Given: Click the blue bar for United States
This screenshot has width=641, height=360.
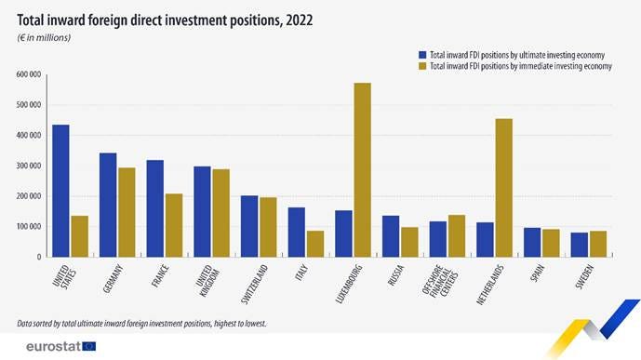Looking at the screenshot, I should click(60, 191).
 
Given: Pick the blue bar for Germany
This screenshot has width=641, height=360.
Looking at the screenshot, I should click(108, 205).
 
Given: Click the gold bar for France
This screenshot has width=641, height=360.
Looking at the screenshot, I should click(174, 225).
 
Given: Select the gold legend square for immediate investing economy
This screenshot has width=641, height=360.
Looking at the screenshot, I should click(422, 66).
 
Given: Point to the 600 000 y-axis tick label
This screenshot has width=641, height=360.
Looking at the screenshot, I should click(30, 74).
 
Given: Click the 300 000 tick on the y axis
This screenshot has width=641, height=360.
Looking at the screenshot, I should click(30, 166).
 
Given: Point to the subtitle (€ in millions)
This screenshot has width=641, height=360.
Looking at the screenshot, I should click(45, 37).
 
